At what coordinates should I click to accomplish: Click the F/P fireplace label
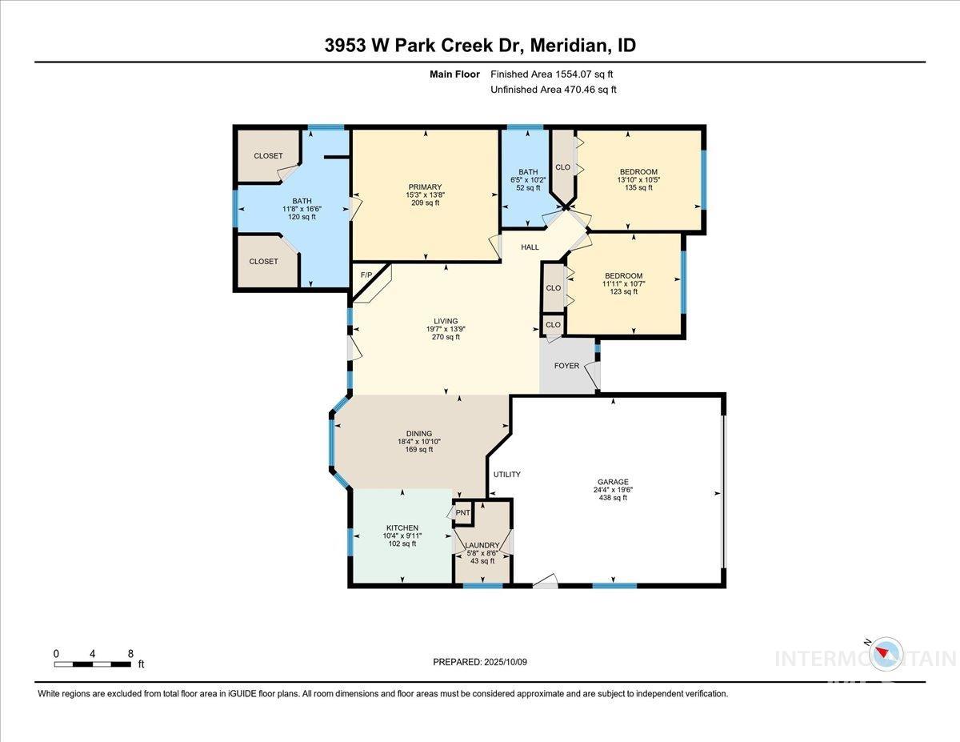click(x=367, y=275)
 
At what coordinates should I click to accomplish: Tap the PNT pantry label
click(x=462, y=513)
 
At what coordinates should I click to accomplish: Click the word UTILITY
click(x=506, y=475)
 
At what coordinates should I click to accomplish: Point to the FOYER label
click(x=566, y=366)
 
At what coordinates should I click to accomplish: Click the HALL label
click(x=530, y=247)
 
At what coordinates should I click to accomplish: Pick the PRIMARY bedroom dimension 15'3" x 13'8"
click(x=423, y=195)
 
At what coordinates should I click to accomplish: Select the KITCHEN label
click(x=402, y=528)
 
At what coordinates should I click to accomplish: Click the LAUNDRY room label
click(x=483, y=545)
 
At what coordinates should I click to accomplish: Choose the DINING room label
click(x=418, y=434)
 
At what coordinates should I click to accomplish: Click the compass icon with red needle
click(x=886, y=653)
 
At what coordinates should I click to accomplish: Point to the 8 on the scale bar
click(x=130, y=653)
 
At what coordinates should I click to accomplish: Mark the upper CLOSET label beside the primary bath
click(x=268, y=156)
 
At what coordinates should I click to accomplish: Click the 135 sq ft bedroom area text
click(x=638, y=188)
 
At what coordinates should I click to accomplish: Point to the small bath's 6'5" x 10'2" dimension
click(x=528, y=180)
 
